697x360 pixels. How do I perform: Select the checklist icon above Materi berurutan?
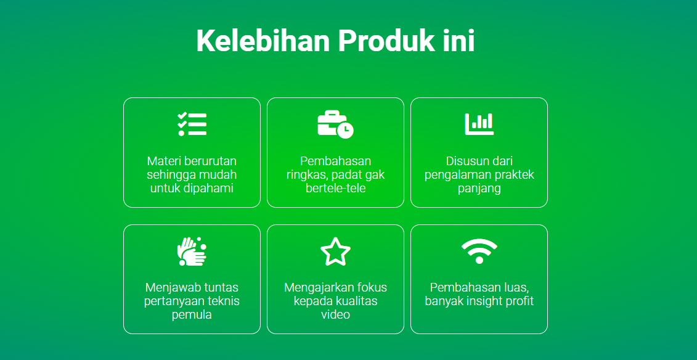click(x=192, y=124)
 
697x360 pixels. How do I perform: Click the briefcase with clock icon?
click(x=336, y=125)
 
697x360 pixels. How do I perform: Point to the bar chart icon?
click(x=479, y=124)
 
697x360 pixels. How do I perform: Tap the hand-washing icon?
click(x=192, y=252)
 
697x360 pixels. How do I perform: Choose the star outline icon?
click(x=336, y=252)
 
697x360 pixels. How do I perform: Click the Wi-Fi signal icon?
click(x=479, y=252)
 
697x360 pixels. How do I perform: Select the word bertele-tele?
click(x=336, y=188)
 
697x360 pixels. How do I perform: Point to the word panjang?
click(x=479, y=189)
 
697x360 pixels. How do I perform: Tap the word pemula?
click(x=192, y=315)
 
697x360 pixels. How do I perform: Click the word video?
click(x=336, y=314)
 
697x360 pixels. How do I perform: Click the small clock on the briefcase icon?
click(x=345, y=130)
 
